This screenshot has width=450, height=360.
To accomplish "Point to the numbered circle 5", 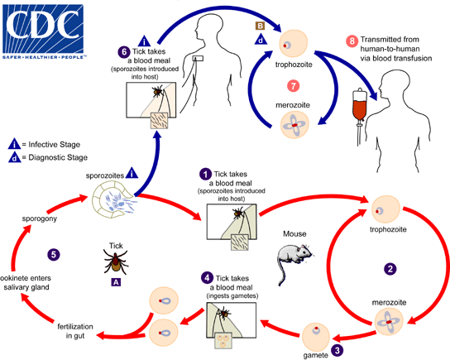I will click(x=54, y=253).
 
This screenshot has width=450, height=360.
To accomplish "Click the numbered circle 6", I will click(x=123, y=51).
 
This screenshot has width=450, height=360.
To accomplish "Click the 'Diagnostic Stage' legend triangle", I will click(x=13, y=157).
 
